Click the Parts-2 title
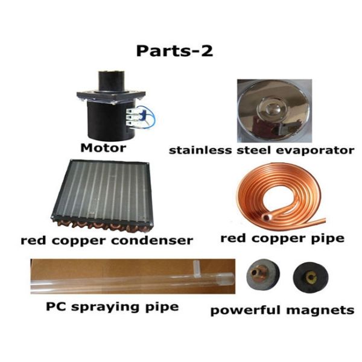174,51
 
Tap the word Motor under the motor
103,148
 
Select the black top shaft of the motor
110,81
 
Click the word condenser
152,241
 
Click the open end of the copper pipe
265,217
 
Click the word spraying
105,308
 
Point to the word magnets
320,310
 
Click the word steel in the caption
250,150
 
